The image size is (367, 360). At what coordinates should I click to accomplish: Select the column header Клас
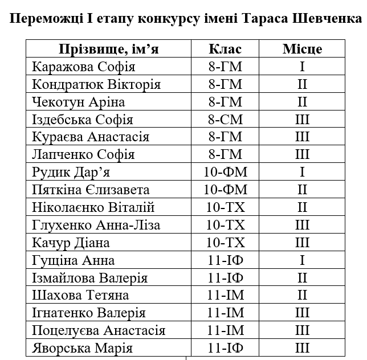point(226,49)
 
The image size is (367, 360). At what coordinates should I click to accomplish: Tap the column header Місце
point(302,49)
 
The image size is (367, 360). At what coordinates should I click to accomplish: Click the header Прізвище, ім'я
point(109,49)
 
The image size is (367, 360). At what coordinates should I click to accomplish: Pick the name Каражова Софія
point(84,67)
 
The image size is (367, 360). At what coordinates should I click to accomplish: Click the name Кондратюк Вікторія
point(96,84)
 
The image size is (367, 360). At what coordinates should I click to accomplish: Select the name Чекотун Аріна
point(79,102)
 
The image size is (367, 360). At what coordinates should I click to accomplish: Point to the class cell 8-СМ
point(226,120)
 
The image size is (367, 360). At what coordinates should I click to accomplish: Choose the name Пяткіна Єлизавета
point(91,190)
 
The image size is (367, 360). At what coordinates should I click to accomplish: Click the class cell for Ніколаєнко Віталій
point(226,207)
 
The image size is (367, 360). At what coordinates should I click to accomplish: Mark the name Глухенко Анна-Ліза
point(96,225)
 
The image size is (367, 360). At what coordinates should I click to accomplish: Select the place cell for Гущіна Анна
point(302,260)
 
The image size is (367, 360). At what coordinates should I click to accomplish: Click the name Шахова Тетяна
point(81,295)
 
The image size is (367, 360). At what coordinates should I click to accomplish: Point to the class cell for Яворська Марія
point(226,348)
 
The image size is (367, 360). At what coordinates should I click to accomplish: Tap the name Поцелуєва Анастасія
point(99,330)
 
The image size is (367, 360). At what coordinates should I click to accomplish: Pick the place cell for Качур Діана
point(302,243)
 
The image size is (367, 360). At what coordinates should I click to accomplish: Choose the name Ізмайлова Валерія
point(90,278)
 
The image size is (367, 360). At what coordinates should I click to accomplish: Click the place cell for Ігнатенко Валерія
point(302,313)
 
